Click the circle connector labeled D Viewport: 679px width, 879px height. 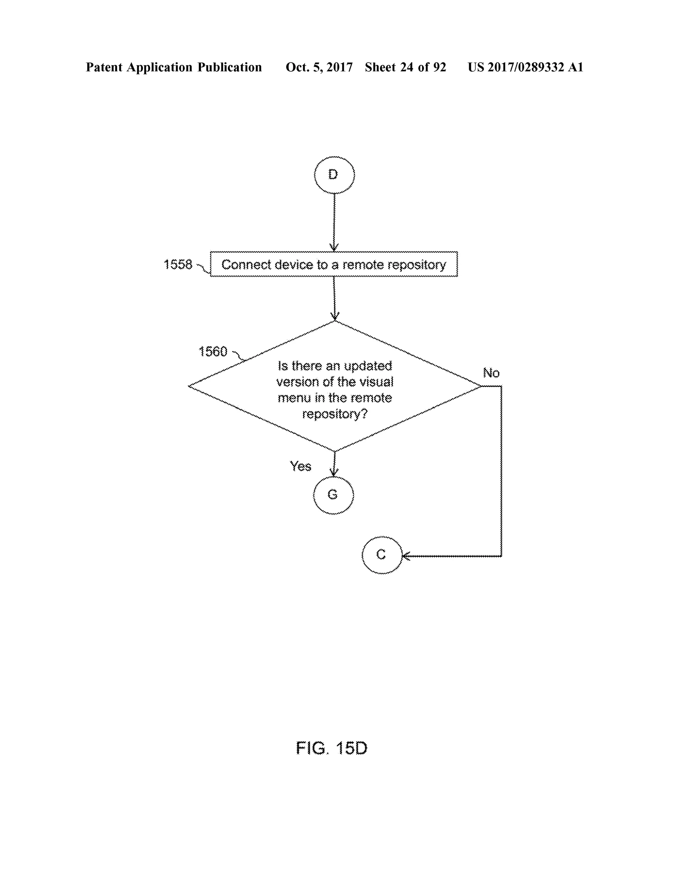(x=334, y=175)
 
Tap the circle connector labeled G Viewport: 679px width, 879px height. (x=333, y=495)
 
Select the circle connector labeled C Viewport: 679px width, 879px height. (x=382, y=555)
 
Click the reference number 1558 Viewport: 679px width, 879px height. (x=178, y=264)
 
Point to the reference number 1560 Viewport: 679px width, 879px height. (x=213, y=352)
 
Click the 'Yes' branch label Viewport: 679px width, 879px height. (x=300, y=466)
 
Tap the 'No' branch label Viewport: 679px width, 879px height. (x=491, y=373)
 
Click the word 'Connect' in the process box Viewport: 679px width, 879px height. (x=246, y=264)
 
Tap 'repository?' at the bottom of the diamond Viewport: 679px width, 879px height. (x=335, y=414)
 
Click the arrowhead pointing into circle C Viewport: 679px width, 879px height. (x=406, y=556)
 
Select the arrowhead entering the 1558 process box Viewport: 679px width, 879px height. (x=334, y=248)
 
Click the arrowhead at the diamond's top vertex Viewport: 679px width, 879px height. (x=335, y=317)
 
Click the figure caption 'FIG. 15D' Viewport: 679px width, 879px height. (x=332, y=749)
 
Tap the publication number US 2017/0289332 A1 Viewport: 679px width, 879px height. (x=525, y=67)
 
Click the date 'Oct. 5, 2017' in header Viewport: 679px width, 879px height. (x=319, y=67)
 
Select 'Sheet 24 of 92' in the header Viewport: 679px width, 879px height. (x=405, y=67)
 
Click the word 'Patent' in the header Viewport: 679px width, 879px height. (x=104, y=67)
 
